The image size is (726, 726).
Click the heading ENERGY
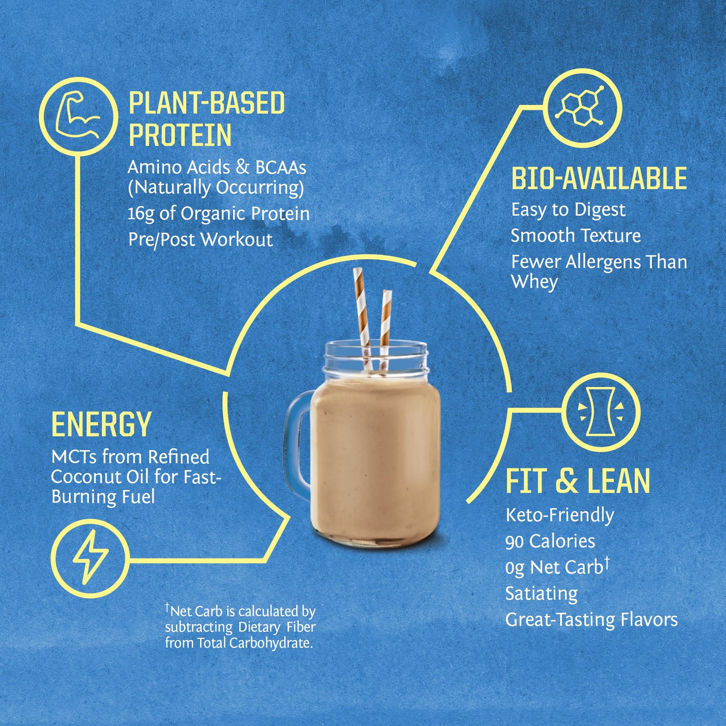tap(101, 425)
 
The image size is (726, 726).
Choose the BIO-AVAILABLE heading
tap(599, 179)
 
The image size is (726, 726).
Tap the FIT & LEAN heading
tap(578, 481)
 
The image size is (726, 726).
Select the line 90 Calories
tap(550, 541)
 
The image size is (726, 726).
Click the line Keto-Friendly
tap(560, 515)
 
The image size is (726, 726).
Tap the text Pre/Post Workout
tap(200, 240)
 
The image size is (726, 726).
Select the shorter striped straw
tap(385, 323)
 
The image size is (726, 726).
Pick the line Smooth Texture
tap(575, 236)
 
